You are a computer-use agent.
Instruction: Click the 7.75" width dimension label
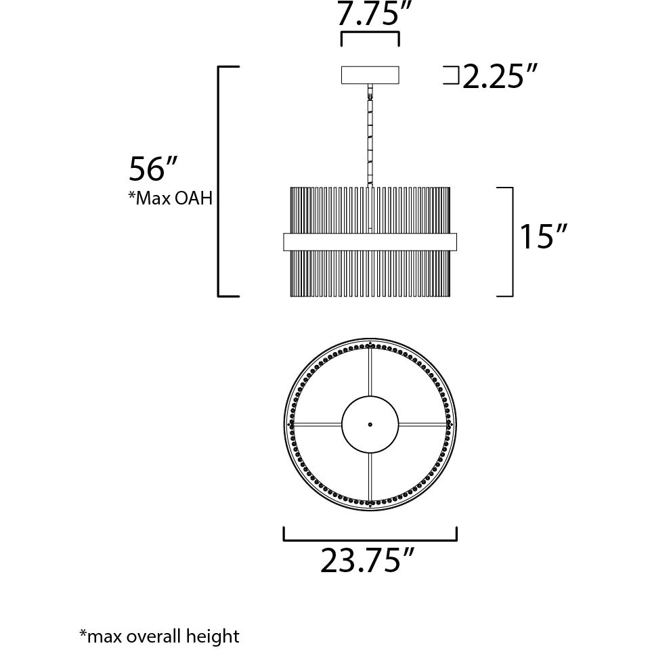[x=370, y=14]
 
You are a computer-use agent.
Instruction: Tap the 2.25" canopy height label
[x=494, y=77]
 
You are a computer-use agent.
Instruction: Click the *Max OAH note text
[x=170, y=199]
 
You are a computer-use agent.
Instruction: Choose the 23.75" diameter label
[x=366, y=561]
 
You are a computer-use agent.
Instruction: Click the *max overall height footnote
[x=159, y=636]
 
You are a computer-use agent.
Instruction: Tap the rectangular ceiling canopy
[x=370, y=74]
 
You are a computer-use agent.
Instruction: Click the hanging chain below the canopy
[x=370, y=135]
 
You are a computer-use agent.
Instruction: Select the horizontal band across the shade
[x=370, y=242]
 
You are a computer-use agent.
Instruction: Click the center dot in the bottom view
[x=370, y=425]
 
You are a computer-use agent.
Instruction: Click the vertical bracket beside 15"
[x=511, y=242]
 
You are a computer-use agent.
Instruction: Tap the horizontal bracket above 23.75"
[x=370, y=540]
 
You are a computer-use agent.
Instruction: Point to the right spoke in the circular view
[x=423, y=425]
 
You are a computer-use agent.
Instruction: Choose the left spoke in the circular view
[x=317, y=425]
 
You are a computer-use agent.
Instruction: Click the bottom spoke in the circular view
[x=370, y=478]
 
